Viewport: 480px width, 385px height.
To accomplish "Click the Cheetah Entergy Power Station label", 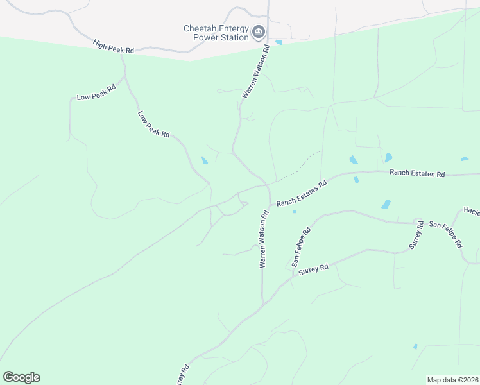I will tap(216, 33).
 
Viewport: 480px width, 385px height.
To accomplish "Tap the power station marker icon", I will tap(259, 31).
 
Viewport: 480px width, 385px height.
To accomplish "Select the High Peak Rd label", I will tap(113, 47).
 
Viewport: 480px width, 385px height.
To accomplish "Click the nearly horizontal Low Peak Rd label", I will tap(96, 92).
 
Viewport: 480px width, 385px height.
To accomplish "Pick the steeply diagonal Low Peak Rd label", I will tap(153, 124).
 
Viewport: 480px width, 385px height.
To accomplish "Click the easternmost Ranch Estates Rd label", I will tap(417, 173).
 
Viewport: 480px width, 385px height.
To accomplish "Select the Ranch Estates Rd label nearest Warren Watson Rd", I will tap(302, 193).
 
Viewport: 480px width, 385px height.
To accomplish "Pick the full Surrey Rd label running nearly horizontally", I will tap(313, 269).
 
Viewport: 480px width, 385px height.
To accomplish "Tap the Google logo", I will tap(21, 377).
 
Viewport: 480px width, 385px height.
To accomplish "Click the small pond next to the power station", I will tap(279, 42).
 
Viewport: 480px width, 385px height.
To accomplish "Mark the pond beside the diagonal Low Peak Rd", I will tap(204, 160).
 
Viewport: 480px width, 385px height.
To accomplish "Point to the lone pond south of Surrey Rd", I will tap(415, 346).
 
